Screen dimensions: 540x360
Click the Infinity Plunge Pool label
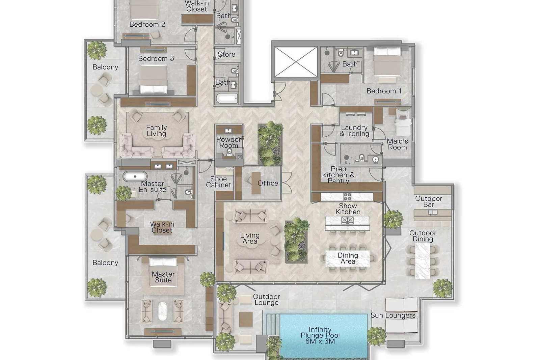320,335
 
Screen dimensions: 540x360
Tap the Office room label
268,183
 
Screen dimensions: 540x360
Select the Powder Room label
229,142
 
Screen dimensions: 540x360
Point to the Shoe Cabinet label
218,182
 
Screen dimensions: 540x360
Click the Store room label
226,54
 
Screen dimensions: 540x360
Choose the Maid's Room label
397,144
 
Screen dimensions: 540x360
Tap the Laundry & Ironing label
354,131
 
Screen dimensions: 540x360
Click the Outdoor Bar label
429,201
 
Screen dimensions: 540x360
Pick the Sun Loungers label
393,315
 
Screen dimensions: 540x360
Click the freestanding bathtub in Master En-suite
135,176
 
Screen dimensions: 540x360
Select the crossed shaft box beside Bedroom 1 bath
296,62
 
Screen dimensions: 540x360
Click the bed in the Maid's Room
403,122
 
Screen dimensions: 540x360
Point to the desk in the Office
256,183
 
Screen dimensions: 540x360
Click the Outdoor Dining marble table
423,261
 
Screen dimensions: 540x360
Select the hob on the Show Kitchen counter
347,197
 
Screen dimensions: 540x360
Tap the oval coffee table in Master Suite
162,311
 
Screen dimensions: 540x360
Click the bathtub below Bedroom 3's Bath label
227,98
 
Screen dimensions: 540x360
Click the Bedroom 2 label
147,24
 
